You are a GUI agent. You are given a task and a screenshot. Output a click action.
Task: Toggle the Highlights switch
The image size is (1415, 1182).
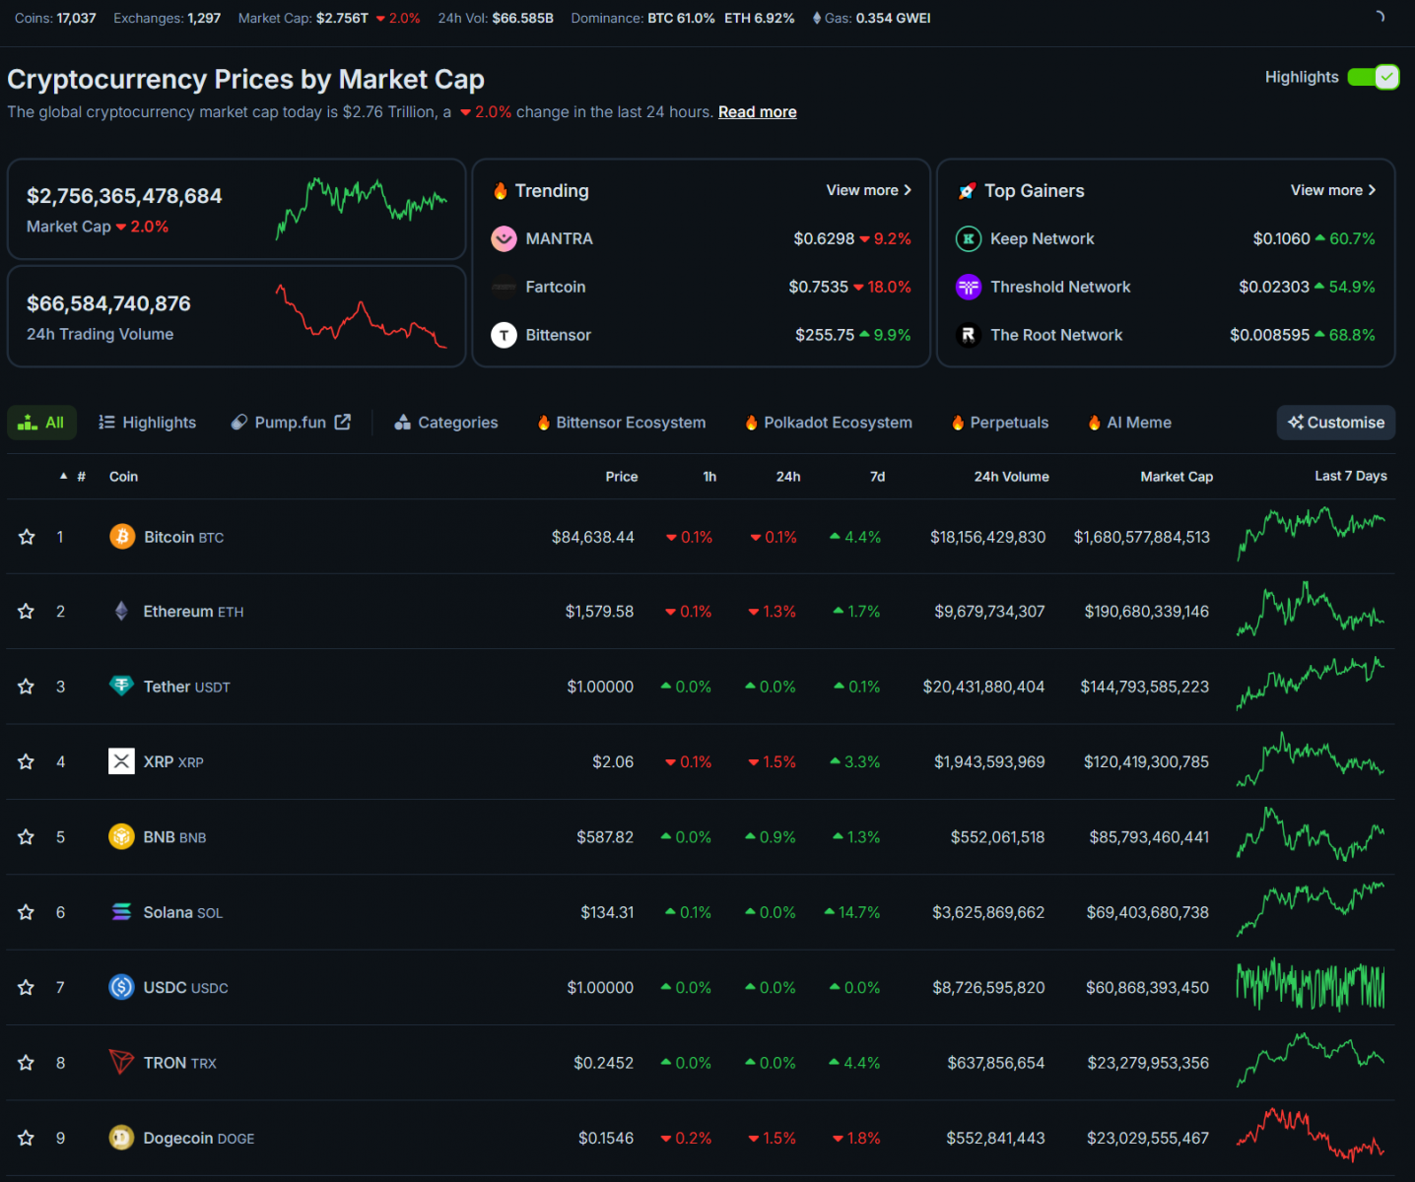pos(1373,77)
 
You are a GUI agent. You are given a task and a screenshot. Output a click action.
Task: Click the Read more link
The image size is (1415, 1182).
pos(757,111)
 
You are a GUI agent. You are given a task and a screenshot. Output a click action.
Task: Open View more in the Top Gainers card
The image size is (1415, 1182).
pos(1333,190)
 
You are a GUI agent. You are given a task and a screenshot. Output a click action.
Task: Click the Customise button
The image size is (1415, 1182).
pos(1336,423)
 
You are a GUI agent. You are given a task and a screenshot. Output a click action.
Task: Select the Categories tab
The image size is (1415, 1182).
pos(446,423)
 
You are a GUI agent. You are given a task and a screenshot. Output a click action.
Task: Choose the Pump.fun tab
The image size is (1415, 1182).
pos(291,423)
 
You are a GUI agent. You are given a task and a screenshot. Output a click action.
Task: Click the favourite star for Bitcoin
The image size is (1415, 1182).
pos(27,537)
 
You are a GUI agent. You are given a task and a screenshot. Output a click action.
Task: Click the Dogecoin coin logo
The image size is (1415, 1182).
pos(121,1138)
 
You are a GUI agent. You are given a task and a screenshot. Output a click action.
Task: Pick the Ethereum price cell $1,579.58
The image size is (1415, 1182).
pos(600,612)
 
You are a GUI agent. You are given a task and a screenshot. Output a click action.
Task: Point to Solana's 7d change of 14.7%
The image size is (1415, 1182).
pos(852,912)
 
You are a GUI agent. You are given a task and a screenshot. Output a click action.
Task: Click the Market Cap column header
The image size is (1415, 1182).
pos(1177,477)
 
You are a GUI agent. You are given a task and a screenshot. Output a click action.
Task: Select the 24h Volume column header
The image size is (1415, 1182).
pos(1011,477)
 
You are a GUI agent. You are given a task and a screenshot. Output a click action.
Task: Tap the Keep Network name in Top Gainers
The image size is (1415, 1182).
pos(1043,239)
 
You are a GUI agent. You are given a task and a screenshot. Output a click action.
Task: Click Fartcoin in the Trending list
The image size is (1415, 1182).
pos(556,288)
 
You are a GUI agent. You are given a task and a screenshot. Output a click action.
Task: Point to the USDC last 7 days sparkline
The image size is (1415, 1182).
pos(1311,986)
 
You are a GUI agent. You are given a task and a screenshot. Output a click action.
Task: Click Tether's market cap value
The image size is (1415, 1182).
pos(1145,687)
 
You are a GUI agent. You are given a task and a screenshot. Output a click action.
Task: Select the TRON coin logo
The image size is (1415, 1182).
pos(121,1062)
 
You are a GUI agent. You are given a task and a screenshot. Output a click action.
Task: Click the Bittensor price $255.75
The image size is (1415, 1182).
pos(825,335)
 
